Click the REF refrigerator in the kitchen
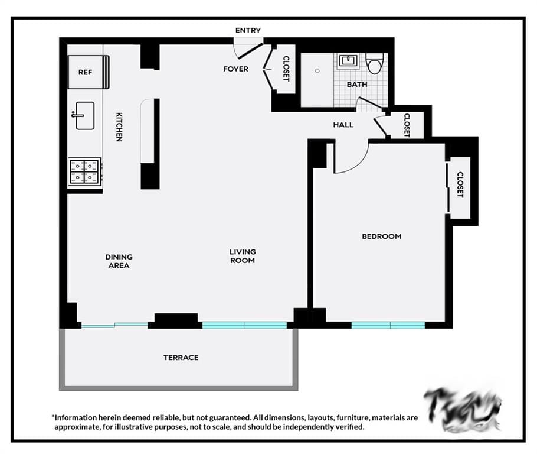tap(88, 72)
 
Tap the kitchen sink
tap(84, 115)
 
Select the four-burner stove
tap(84, 171)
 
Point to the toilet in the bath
tap(374, 63)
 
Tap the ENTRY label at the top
tap(248, 31)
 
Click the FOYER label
tap(235, 69)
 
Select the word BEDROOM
tap(381, 236)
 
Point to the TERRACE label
tap(181, 358)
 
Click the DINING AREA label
tap(119, 261)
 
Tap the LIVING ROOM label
tap(243, 256)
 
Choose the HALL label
tap(343, 125)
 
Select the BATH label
tap(356, 85)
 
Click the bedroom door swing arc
tap(354, 163)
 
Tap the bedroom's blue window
tap(388, 325)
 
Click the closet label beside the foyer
tap(286, 69)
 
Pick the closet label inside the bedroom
tap(460, 184)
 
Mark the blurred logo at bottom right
tap(463, 408)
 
